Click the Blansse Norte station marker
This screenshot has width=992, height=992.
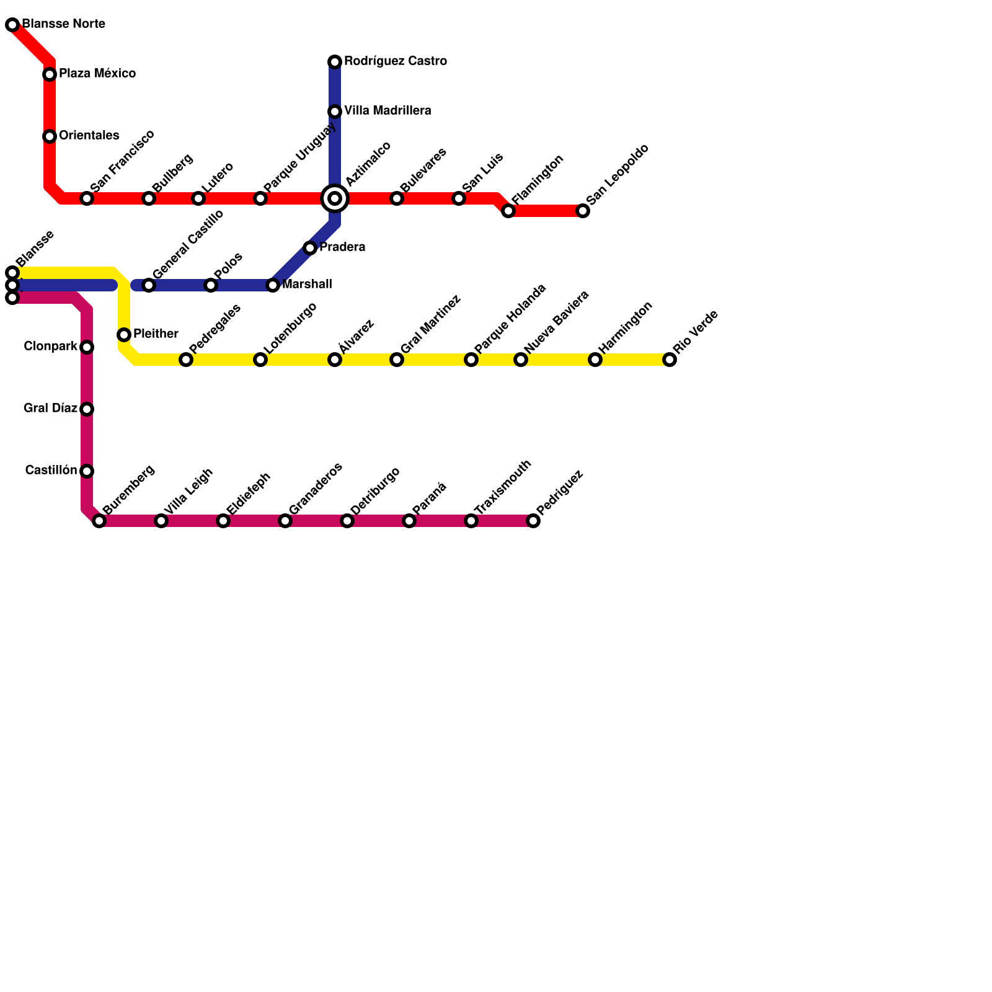pos(12,25)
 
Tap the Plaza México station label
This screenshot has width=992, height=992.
pos(97,74)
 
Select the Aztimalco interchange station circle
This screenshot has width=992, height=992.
pos(335,198)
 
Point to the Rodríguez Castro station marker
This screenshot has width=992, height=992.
pos(335,62)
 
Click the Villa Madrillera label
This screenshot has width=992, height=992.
pos(387,111)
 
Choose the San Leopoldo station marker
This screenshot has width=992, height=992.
pos(583,211)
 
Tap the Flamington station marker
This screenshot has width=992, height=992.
pos(508,211)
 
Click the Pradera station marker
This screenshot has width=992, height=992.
pos(310,248)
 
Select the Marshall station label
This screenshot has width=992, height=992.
pos(307,285)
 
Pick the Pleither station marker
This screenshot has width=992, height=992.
pos(124,335)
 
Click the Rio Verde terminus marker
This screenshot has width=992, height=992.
pos(670,360)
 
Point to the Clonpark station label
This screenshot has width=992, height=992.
pos(50,347)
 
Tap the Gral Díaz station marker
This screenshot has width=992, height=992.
pos(87,409)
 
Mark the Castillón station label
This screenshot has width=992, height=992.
pos(51,471)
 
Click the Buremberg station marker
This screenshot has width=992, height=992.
pos(99,521)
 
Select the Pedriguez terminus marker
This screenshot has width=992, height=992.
pos(533,521)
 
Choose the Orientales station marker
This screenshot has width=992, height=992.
pos(50,136)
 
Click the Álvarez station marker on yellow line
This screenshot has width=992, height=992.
pos(335,360)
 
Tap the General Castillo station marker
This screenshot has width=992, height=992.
pos(149,285)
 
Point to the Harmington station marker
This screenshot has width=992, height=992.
pos(595,360)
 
